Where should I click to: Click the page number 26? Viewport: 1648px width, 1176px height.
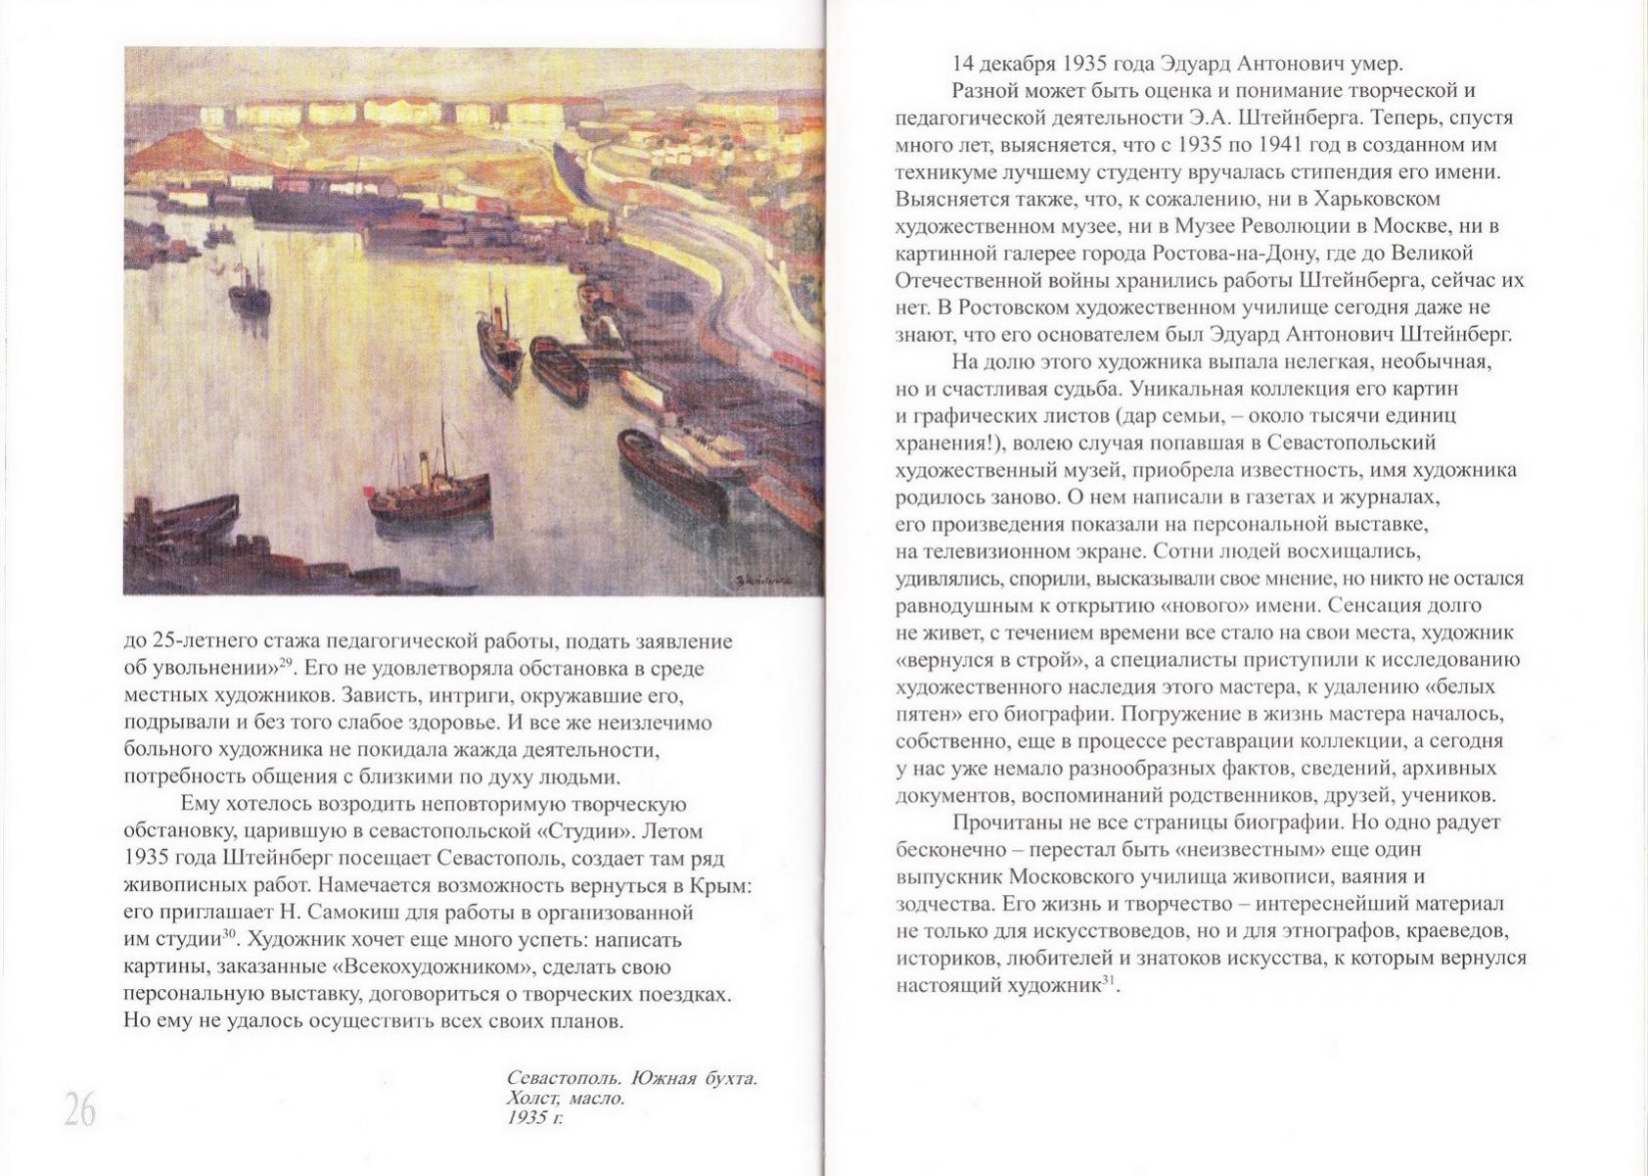(x=80, y=1109)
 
